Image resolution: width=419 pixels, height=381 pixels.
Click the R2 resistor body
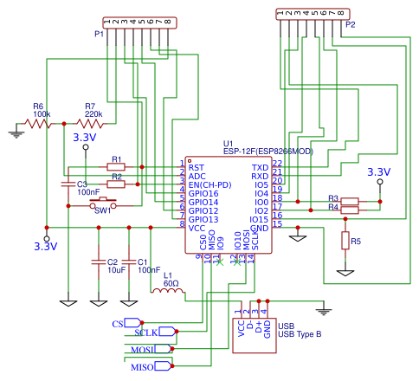pos(116,184)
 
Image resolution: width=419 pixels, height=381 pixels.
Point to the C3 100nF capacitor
pos(68,184)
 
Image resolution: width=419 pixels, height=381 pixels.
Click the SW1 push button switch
pos(104,204)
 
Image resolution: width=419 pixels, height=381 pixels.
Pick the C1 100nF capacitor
pos(130,261)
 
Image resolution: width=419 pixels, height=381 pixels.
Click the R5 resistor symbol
pos(345,240)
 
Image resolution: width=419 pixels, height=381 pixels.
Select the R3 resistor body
pos(349,202)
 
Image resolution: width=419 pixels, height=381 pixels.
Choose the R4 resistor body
pos(349,210)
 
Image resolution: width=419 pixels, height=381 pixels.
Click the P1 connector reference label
pos(99,35)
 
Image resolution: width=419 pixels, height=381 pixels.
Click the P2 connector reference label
pos(350,25)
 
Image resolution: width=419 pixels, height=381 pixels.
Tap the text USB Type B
pos(300,333)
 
